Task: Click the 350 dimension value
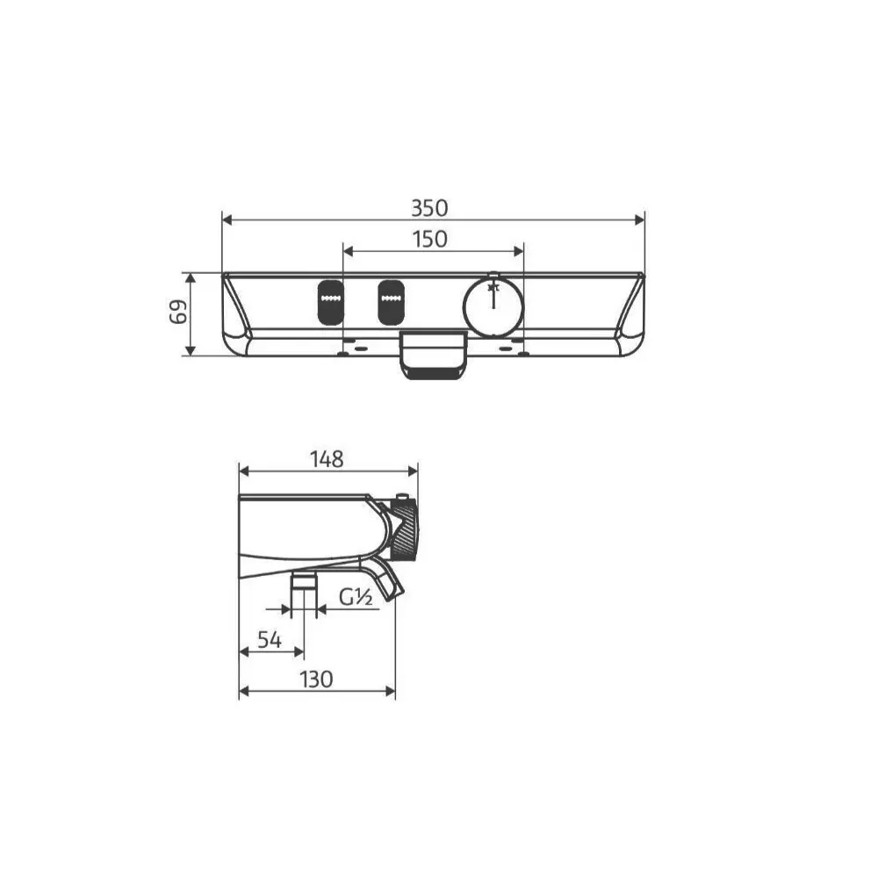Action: point(429,208)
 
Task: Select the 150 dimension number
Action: point(430,240)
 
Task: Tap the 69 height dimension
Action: point(178,312)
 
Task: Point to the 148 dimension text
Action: point(327,459)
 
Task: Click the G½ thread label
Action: point(356,597)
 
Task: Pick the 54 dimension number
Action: point(270,639)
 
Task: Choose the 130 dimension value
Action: point(316,680)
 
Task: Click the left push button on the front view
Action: point(330,302)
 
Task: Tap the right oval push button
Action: point(391,302)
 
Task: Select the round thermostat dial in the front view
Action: point(493,306)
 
